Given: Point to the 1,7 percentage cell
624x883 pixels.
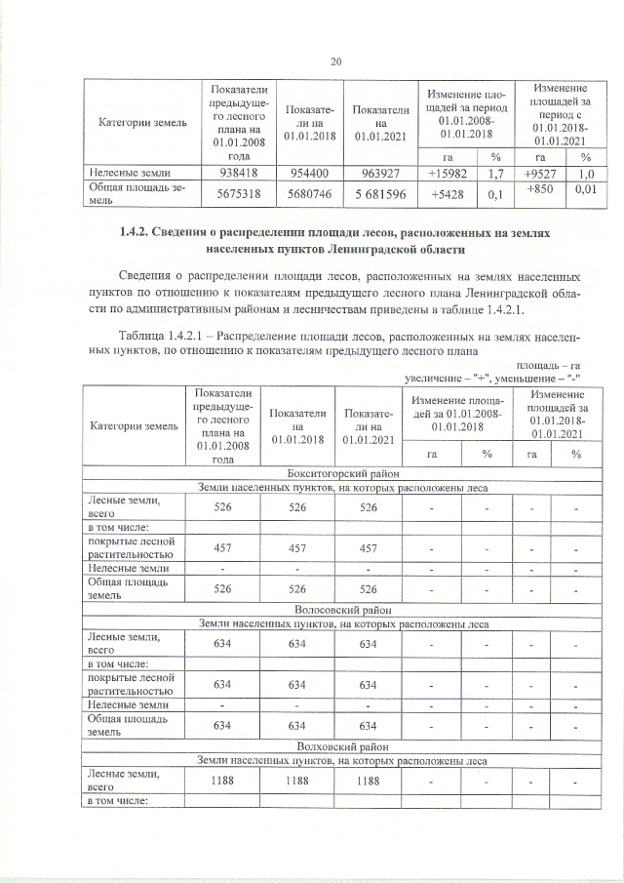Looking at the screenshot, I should (495, 174).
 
